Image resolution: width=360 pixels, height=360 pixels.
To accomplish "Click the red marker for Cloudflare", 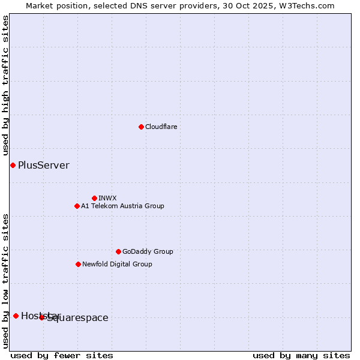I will coord(141,127).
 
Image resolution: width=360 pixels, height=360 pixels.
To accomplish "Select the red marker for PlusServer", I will coord(13,165).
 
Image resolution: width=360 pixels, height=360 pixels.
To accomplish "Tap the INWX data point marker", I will coord(94,198).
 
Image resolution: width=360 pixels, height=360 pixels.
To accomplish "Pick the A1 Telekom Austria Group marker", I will coord(77,206).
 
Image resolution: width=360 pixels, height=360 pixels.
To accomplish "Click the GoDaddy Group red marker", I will coord(118,251).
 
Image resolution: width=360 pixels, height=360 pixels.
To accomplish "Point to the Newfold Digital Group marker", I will coord(78,264).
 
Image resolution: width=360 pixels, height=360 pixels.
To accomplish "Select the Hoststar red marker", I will coord(16,316).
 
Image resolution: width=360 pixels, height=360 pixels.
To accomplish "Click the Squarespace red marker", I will coord(42,317).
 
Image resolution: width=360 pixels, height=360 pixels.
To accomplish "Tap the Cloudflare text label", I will coord(161,127).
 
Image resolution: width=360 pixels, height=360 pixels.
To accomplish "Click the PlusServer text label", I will coord(44,166).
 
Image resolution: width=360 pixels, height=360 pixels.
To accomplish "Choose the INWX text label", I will coord(107,198).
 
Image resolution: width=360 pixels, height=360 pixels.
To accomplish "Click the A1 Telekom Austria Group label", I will coord(122,206).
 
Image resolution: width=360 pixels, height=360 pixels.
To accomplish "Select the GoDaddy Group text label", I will coord(148,251).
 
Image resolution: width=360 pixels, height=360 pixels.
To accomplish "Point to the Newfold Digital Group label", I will coord(117,264).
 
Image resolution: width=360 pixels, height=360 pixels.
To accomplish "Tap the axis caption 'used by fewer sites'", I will coord(62,355).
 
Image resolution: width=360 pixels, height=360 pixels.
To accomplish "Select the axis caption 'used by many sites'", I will coord(301,355).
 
